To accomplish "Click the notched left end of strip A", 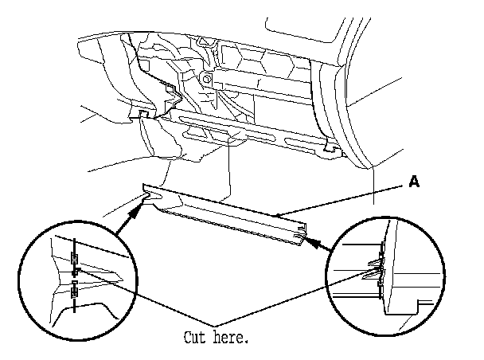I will coord(149,194).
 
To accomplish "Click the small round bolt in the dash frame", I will coord(206,79).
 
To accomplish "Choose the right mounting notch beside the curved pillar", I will coord(330,147).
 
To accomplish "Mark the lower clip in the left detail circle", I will coord(74,291).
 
